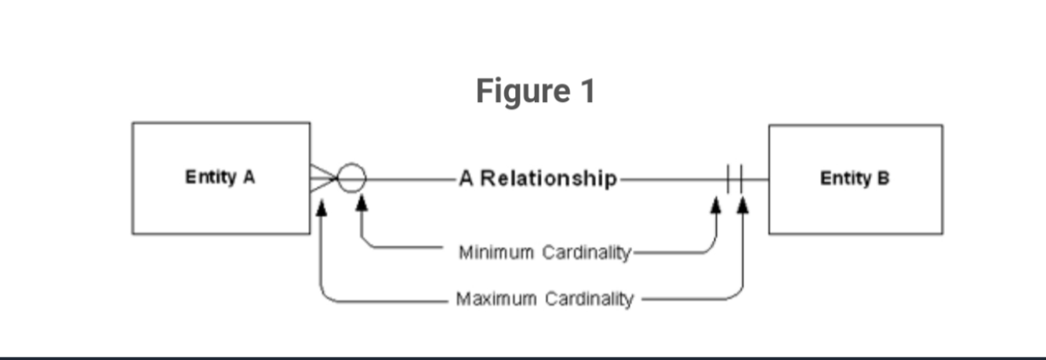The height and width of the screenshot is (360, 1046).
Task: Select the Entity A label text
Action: click(220, 177)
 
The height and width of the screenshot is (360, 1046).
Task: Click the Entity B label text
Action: click(855, 179)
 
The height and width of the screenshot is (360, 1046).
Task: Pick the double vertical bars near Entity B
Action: click(734, 179)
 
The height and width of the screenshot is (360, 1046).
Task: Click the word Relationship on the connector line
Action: click(548, 179)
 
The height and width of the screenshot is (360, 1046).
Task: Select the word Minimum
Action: click(496, 253)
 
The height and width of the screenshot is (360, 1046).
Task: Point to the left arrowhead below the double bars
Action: click(715, 205)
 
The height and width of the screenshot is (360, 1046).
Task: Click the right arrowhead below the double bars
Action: click(742, 205)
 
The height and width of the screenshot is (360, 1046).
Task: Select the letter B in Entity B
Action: click(884, 179)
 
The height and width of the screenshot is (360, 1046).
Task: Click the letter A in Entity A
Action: click(249, 177)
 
